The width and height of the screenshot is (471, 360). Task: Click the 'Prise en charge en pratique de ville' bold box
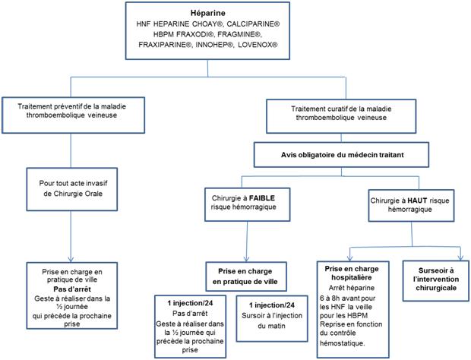pyautogui.click(x=249, y=275)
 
